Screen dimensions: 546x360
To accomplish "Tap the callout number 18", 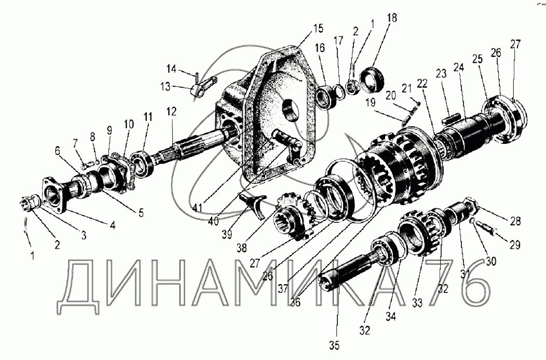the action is pyautogui.click(x=391, y=18).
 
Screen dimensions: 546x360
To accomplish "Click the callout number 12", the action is pyautogui.click(x=172, y=111).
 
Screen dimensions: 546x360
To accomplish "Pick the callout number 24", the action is pyautogui.click(x=458, y=67).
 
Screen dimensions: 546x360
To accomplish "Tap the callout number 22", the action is pyautogui.click(x=421, y=83).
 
